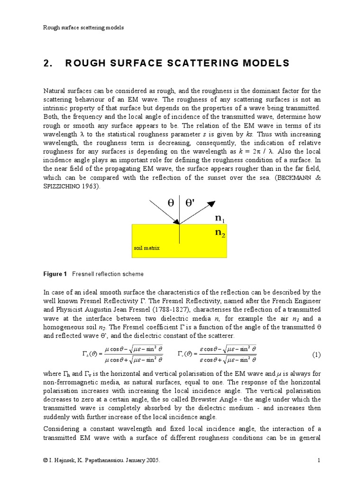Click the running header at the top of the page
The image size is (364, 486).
click(x=83, y=28)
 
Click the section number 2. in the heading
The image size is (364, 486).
click(x=48, y=64)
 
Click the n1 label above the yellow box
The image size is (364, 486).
click(x=220, y=218)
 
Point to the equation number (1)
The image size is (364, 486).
click(x=316, y=355)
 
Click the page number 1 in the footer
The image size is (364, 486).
click(x=319, y=460)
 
